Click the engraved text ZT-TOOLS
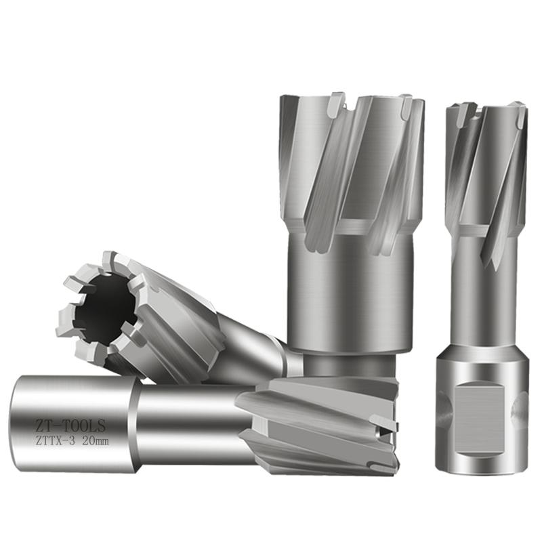click(70, 426)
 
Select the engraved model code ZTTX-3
click(55, 442)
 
